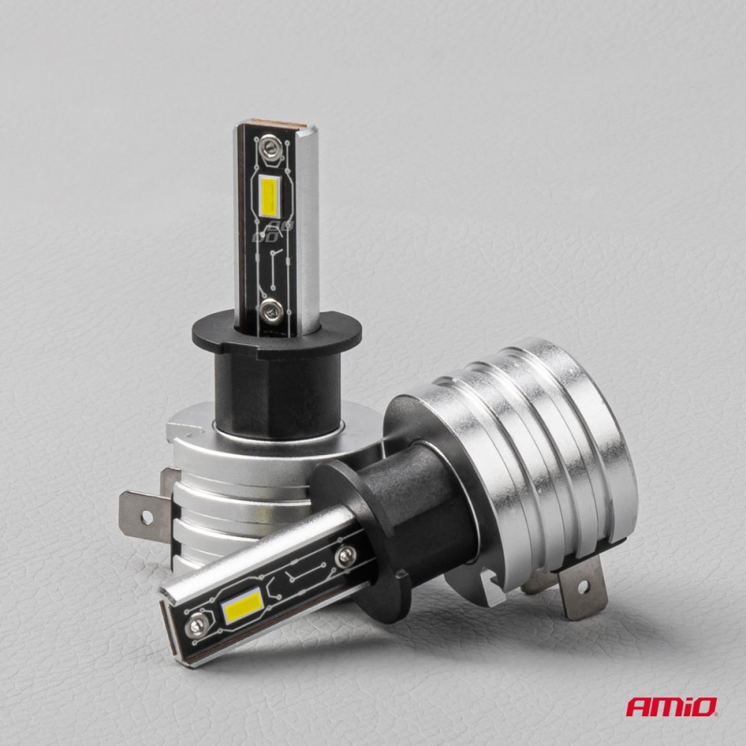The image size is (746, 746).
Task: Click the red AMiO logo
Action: [x=671, y=706]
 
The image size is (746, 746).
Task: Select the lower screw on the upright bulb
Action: [x=272, y=310]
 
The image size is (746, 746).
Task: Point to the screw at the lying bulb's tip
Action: [x=196, y=623]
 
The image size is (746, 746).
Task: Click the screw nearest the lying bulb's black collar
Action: [x=345, y=556]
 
